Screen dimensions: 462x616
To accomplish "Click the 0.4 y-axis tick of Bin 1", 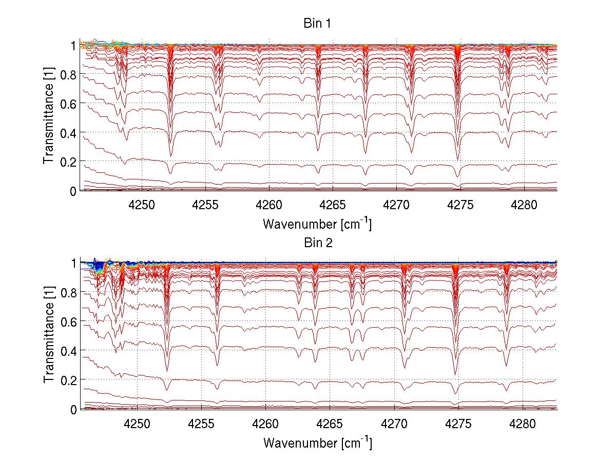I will tap(68, 132).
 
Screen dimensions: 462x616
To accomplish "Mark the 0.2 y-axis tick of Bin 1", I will tap(68, 162).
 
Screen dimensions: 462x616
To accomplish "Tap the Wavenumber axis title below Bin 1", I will tap(317, 224).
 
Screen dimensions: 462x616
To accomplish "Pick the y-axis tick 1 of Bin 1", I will tap(73, 46).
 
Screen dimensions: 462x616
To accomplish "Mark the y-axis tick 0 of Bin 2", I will tap(73, 409).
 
